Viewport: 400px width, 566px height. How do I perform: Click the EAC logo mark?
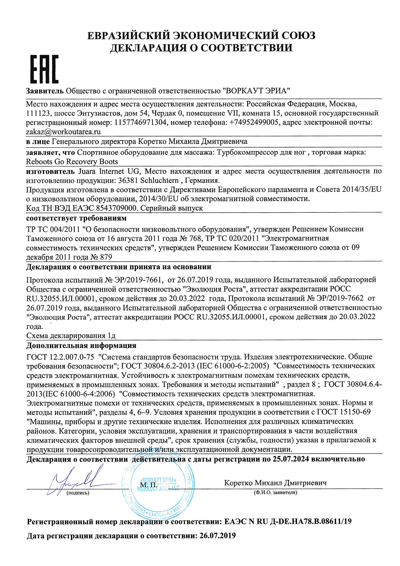pyautogui.click(x=44, y=69)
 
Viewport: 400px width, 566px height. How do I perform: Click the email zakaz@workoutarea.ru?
pyautogui.click(x=63, y=132)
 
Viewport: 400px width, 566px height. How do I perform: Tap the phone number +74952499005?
pyautogui.click(x=254, y=122)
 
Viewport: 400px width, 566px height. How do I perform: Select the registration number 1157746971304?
pyautogui.click(x=140, y=122)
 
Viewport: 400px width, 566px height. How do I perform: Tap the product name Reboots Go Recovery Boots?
pyautogui.click(x=72, y=162)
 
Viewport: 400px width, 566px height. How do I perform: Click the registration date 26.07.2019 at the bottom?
pyautogui.click(x=218, y=536)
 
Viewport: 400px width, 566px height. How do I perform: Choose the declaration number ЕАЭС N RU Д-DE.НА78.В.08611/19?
pyautogui.click(x=288, y=522)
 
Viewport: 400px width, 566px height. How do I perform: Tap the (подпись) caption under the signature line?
pyautogui.click(x=78, y=493)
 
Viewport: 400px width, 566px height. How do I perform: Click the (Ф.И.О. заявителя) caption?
pyautogui.click(x=275, y=492)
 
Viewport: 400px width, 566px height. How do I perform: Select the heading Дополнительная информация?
pyautogui.click(x=81, y=345)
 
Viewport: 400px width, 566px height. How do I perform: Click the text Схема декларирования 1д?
pyautogui.click(x=71, y=336)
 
